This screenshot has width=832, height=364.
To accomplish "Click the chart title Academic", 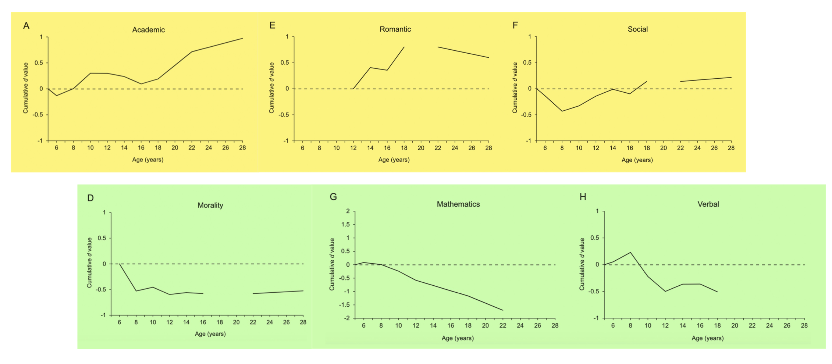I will tap(148, 30).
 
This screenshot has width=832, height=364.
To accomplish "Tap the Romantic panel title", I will tap(395, 29).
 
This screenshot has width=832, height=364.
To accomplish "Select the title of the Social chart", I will tap(637, 29).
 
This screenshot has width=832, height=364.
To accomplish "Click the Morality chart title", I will tap(210, 205).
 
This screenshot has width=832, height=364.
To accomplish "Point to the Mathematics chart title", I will tap(458, 204).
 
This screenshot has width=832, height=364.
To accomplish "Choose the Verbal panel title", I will tap(708, 204).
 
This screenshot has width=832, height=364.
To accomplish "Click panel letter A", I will tap(26, 26).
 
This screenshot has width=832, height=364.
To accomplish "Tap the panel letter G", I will tap(333, 197).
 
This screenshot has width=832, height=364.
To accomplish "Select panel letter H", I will tap(583, 197).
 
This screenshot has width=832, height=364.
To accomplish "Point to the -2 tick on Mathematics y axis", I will tap(346, 318).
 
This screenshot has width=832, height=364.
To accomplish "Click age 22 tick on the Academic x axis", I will tap(192, 148).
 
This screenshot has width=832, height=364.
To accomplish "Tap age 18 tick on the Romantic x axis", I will tap(404, 148).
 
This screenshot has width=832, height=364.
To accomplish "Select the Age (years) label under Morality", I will tap(210, 334).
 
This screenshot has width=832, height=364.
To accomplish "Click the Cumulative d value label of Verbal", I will tap(582, 264).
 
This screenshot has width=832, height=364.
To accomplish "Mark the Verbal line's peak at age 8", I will tap(630, 252).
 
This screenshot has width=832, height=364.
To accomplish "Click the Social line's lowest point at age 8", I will tap(562, 111).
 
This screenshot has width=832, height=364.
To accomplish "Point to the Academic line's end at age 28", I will tap(242, 38).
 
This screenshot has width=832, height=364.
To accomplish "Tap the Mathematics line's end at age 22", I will tap(503, 310).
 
